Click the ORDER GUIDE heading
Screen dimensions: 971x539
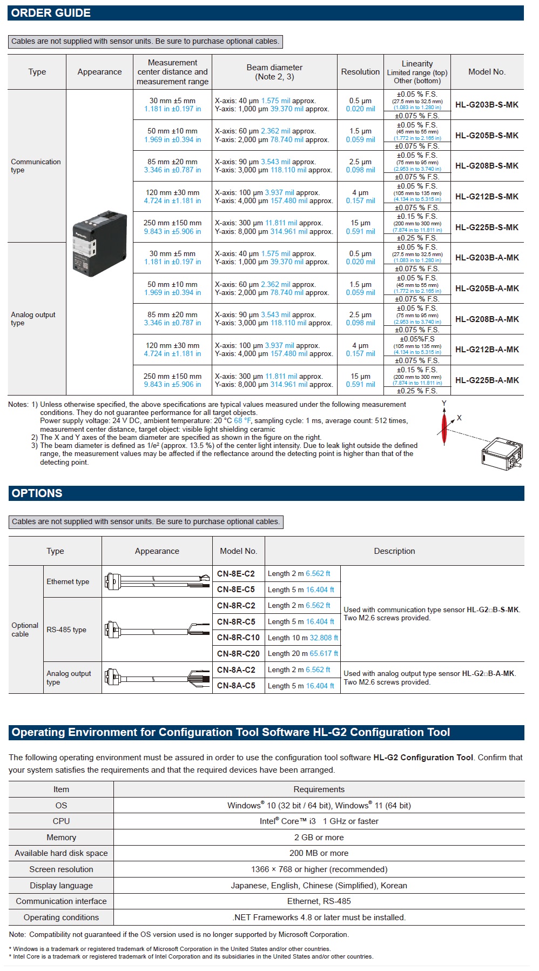51,13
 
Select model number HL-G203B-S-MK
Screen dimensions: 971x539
487,105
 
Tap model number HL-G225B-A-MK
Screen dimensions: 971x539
487,380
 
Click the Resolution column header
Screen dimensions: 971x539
360,72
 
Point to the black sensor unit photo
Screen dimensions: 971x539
99,243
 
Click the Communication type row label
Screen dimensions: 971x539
36,166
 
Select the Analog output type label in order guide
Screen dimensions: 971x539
33,319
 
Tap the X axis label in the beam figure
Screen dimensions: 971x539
459,418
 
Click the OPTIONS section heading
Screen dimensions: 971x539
37,493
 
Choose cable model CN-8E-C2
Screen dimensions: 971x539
235,574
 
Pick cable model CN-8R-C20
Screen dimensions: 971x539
238,654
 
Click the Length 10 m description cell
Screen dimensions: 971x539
302,638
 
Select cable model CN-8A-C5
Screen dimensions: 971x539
236,686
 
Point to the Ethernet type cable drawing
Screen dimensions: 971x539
157,581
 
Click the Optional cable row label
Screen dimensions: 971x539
25,630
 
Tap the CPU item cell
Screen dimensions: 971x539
61,821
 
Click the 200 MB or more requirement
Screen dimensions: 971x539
319,853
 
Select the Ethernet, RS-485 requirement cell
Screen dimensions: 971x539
319,901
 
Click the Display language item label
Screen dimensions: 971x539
61,886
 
